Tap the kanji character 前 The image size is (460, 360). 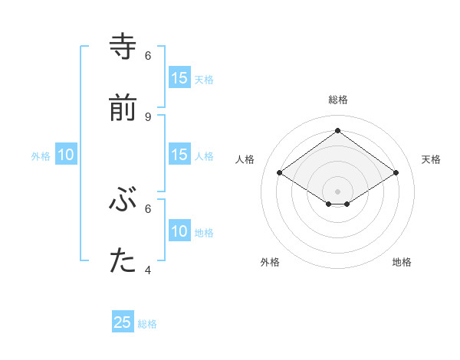pos(123,109)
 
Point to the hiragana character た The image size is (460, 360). pos(123,262)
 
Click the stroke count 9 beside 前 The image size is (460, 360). pos(148,116)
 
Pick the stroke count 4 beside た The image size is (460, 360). pos(148,270)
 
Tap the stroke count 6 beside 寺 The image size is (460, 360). pos(148,55)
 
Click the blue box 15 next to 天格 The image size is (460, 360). pos(179,78)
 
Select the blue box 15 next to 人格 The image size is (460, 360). pos(179,155)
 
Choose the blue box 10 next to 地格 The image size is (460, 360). pos(179,231)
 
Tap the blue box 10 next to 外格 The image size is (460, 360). pos(66,155)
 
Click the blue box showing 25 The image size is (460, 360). pos(123,322)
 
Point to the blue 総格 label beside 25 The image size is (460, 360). pos(147,324)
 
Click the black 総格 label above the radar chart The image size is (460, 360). pos(338,100)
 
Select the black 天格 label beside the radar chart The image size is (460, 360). pos(432,159)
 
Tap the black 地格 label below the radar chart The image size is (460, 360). pos(402,262)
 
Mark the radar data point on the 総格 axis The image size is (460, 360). pos(337,131)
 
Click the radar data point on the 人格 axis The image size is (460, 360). pos(280,173)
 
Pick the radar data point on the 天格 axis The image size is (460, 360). pos(396,173)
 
